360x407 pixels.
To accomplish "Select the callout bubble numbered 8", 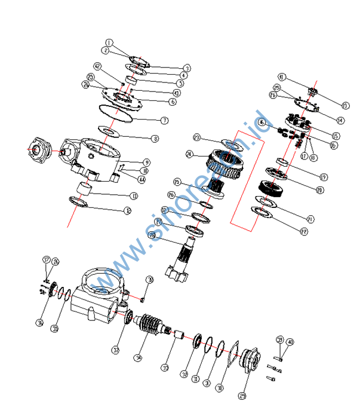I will click(155, 139).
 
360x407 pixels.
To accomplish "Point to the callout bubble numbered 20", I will click(319, 190).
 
